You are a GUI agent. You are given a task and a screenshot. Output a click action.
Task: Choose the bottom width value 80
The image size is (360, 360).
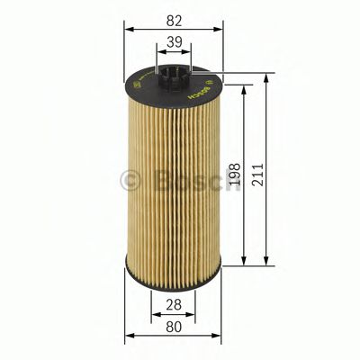[x=173, y=328]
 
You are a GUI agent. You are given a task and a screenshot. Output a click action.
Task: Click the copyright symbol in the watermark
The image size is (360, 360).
[x=130, y=180]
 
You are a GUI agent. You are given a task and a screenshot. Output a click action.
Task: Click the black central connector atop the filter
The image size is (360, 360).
[x=174, y=76]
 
